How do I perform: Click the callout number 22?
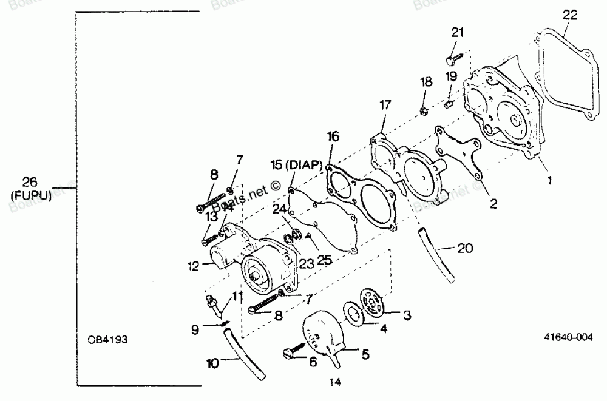pos(569,16)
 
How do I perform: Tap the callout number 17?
pos(385,105)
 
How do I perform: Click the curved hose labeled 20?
pos(436,255)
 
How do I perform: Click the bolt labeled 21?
pos(452,59)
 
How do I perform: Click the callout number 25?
pos(325,260)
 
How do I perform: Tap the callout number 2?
pos(493,204)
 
